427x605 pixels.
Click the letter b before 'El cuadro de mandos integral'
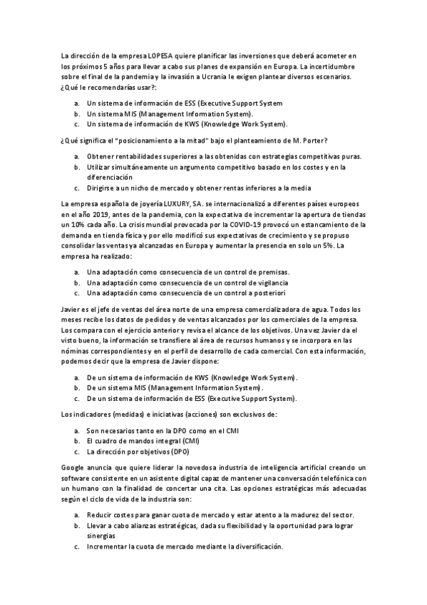(x=77, y=442)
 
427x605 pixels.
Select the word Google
(x=74, y=467)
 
